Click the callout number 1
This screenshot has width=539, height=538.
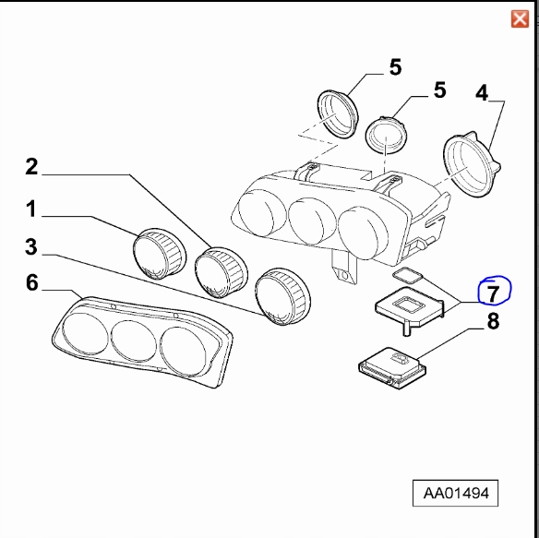pos(30,210)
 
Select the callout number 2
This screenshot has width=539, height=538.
pos(31,167)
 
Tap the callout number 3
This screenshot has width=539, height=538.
pos(30,246)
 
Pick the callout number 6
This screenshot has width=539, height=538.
pos(31,282)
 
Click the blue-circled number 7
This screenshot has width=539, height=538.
pos(493,293)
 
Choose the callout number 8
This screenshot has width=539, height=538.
pos(493,322)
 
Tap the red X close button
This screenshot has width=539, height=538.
pos(520,18)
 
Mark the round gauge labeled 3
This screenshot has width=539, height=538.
pos(281,295)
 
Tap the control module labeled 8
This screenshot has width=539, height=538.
pos(391,365)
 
